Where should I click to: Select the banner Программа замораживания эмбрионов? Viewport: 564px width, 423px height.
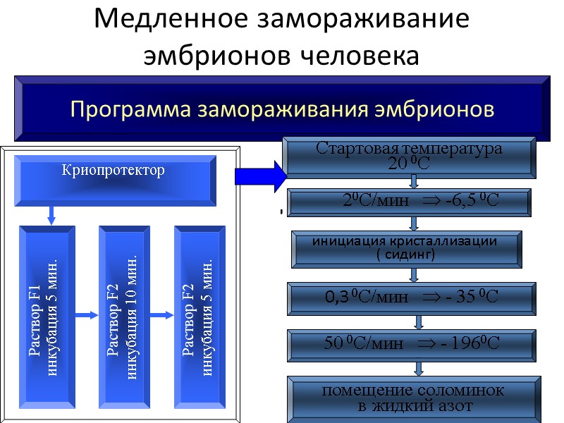pos(282,110)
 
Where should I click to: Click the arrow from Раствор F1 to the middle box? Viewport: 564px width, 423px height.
pos(86,316)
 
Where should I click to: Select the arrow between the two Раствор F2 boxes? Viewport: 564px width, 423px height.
pos(163,316)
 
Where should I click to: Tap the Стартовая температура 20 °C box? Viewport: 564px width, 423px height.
pos(409,158)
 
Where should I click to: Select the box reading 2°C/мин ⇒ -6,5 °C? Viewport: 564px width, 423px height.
pos(410,201)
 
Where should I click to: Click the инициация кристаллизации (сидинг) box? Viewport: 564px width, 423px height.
pos(407,248)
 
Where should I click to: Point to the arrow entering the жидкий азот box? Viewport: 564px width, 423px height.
pos(419,368)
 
